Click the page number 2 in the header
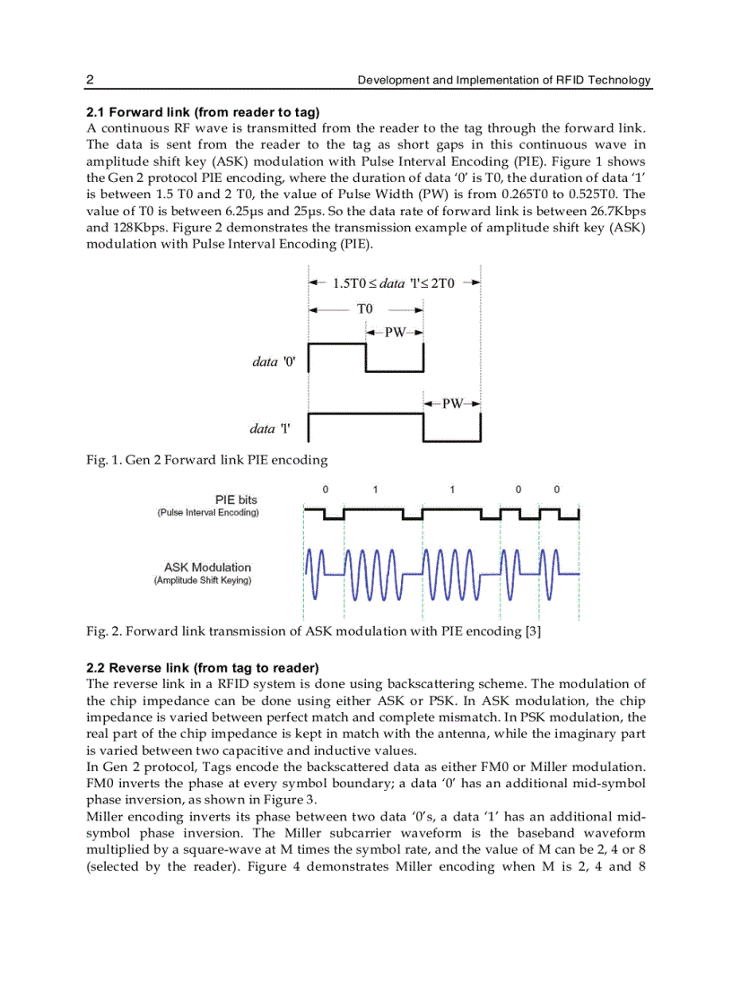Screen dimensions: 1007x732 pos(90,80)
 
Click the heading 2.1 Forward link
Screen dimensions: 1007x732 pos(203,112)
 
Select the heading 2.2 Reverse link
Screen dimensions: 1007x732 pos(202,668)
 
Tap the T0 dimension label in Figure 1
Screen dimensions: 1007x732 pos(364,308)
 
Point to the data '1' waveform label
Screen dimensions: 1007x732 pos(272,429)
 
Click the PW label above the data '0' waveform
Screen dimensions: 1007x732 pos(395,333)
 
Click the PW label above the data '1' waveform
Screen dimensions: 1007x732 pos(452,404)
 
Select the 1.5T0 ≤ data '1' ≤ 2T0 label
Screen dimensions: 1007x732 pos(394,283)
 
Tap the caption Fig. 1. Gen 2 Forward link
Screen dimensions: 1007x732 pos(206,460)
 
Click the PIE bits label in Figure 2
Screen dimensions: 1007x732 pos(237,499)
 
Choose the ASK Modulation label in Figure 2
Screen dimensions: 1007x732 pos(207,568)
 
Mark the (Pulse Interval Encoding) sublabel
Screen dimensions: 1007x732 pos(208,513)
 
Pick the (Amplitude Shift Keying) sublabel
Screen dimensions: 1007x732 pos(203,581)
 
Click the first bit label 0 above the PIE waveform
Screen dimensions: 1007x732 pos(325,490)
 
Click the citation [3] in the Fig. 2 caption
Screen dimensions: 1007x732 pos(532,631)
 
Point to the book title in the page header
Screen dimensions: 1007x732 pos(504,80)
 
